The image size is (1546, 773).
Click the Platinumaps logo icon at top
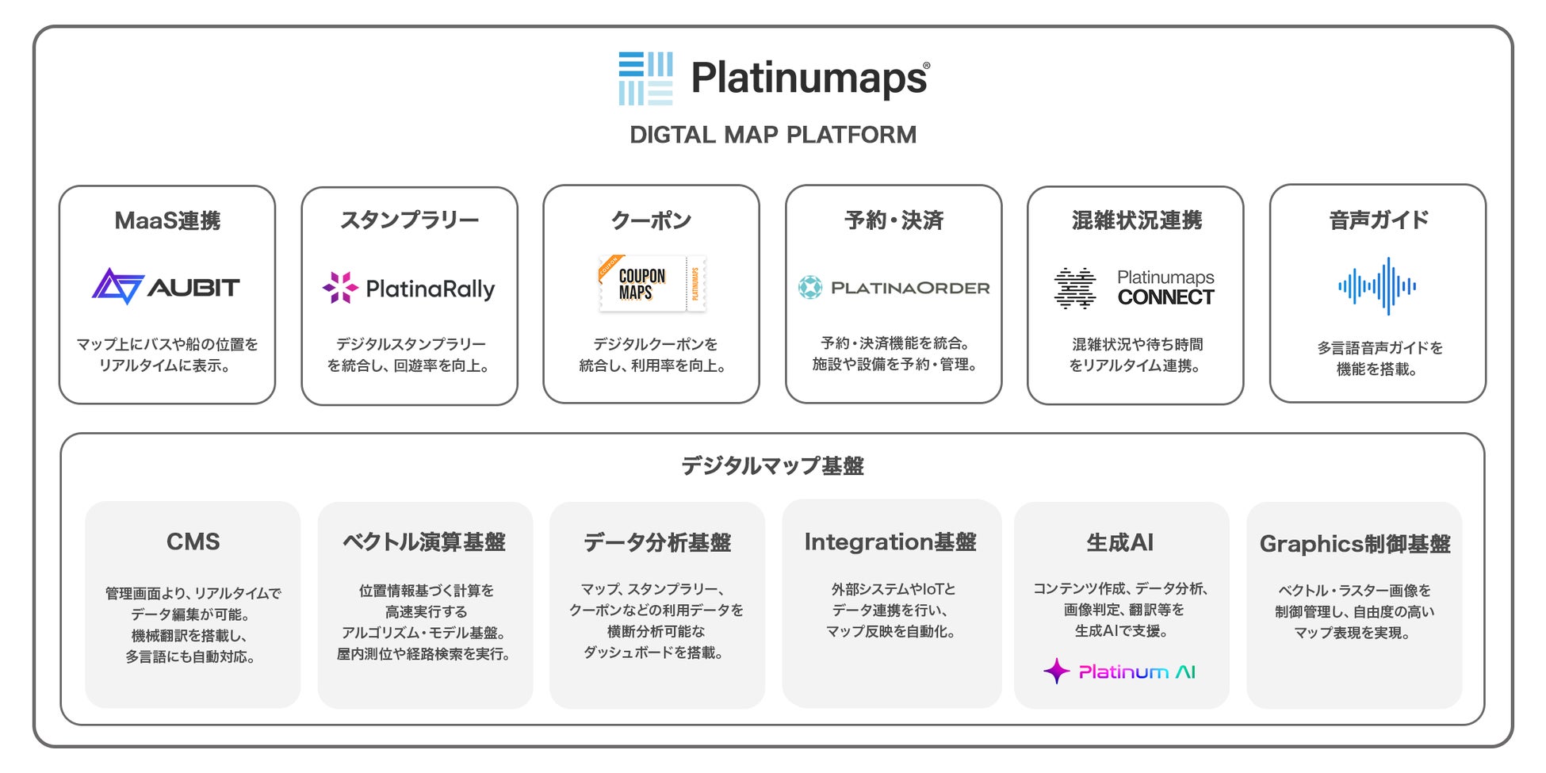[645, 78]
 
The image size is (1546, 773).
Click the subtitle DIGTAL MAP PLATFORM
[773, 135]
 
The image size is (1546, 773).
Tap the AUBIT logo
[166, 286]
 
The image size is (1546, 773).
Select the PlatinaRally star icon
[340, 288]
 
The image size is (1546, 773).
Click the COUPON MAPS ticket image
[652, 284]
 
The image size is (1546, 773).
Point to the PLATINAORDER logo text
[910, 288]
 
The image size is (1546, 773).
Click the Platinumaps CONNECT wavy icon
[1075, 288]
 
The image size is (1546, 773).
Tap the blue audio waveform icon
[1377, 286]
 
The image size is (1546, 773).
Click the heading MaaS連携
[167, 220]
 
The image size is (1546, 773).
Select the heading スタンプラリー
[409, 220]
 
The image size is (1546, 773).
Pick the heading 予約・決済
[894, 220]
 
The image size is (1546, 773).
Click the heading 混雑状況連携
[1136, 220]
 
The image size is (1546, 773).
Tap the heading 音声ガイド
[1379, 220]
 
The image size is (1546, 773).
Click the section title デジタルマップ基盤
[772, 465]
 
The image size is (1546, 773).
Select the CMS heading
[193, 541]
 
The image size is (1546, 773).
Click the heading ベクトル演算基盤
[424, 541]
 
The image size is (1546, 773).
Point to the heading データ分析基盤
[657, 542]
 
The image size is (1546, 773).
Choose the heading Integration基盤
[890, 541]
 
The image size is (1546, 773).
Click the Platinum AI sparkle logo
[1119, 672]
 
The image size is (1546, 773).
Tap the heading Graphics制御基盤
[1355, 544]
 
